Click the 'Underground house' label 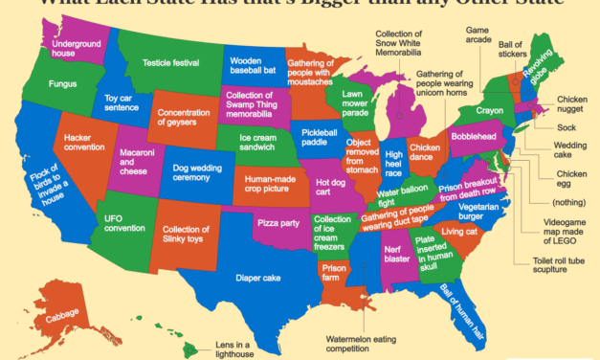tap(78, 48)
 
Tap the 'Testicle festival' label tap(169, 63)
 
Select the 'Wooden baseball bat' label tap(254, 65)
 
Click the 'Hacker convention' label tap(85, 142)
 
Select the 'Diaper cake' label tap(254, 279)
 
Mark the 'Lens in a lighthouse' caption tap(235, 349)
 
